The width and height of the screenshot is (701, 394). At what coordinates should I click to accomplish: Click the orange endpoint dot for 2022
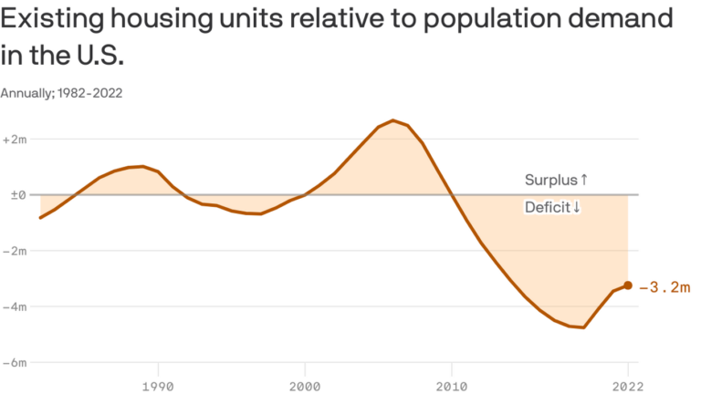click(628, 285)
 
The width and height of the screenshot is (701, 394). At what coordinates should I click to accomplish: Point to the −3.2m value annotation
click(664, 287)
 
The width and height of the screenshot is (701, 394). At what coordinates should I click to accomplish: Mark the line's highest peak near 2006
click(392, 120)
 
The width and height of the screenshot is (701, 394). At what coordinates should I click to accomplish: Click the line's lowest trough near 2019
click(582, 327)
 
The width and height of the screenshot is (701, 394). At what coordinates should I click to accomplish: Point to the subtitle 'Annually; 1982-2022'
click(62, 93)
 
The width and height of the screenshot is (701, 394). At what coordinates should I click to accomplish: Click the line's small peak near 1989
click(143, 167)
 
